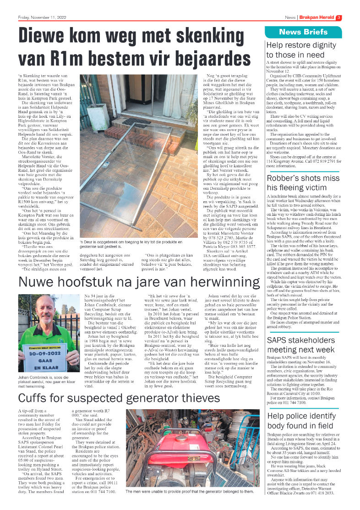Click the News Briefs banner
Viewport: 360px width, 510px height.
pyautogui.click(x=303, y=32)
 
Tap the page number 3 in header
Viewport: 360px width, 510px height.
pyautogui.click(x=338, y=18)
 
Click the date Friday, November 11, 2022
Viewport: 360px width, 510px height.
pyautogui.click(x=43, y=18)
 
